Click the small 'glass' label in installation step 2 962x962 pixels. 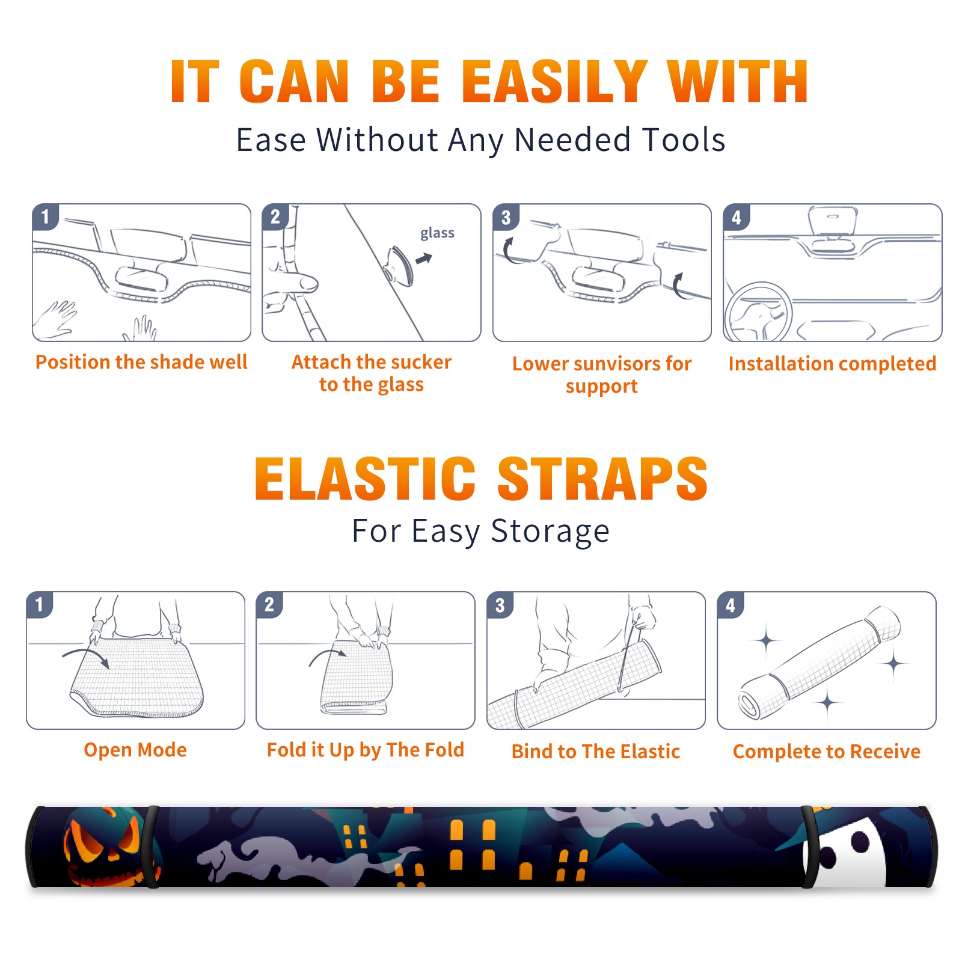(x=437, y=233)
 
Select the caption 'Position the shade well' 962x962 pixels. (x=141, y=362)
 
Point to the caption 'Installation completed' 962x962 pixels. (x=832, y=363)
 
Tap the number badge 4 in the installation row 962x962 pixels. (x=736, y=217)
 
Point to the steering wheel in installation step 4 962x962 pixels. (x=759, y=313)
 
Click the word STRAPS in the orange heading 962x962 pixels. (x=602, y=479)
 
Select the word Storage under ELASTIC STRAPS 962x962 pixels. (x=550, y=532)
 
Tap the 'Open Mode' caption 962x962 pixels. (x=135, y=750)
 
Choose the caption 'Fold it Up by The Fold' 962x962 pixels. (x=366, y=750)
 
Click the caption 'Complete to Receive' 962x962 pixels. (x=827, y=752)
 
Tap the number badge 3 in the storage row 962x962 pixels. (x=500, y=605)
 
